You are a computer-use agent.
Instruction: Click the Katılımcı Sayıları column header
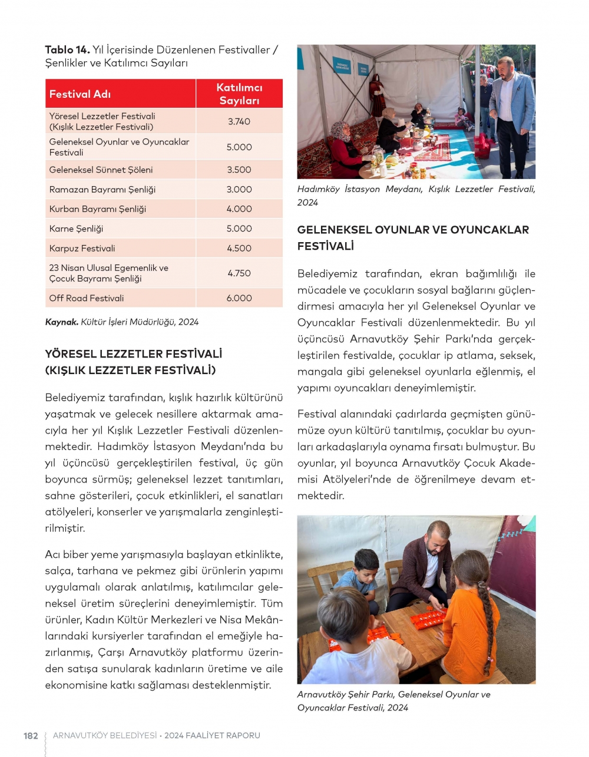pyautogui.click(x=239, y=94)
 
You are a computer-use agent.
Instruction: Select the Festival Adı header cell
pyautogui.click(x=80, y=94)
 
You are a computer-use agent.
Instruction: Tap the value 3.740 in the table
pyautogui.click(x=239, y=121)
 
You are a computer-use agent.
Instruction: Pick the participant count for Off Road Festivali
pyautogui.click(x=239, y=298)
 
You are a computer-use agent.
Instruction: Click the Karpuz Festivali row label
pyautogui.click(x=82, y=249)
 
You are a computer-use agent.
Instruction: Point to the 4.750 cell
pyautogui.click(x=239, y=273)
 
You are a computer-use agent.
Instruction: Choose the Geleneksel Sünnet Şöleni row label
pyautogui.click(x=101, y=170)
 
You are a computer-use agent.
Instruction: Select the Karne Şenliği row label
pyautogui.click(x=76, y=229)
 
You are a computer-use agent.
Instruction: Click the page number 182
pyautogui.click(x=31, y=736)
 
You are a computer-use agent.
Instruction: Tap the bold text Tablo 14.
pyautogui.click(x=67, y=50)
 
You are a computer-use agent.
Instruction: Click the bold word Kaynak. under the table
pyautogui.click(x=61, y=322)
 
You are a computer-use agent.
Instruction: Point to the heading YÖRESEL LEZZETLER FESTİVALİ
pyautogui.click(x=134, y=355)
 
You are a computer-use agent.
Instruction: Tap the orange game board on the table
pyautogui.click(x=428, y=619)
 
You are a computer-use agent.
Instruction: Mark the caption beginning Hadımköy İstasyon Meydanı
pyautogui.click(x=416, y=196)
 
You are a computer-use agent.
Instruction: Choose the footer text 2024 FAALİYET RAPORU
pyautogui.click(x=212, y=736)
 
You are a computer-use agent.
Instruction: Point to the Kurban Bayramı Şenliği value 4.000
pyautogui.click(x=239, y=209)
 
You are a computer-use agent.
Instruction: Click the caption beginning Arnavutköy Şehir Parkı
pyautogui.click(x=393, y=701)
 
